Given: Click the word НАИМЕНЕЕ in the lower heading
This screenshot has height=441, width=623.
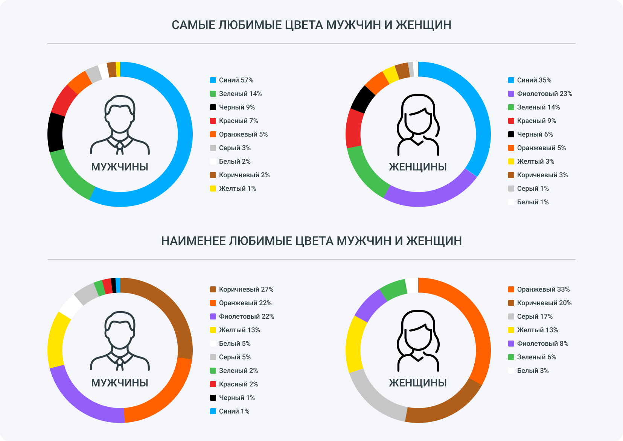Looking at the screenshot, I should point(193,241).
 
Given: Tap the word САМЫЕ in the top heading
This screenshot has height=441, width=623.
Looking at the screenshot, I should point(193,25).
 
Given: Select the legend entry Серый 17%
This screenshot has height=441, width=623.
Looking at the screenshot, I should point(535,316).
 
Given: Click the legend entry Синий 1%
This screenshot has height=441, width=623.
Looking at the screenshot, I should point(234,411).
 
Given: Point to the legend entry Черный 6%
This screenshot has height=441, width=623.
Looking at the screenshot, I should point(535,134).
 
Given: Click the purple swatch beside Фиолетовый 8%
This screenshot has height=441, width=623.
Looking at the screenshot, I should point(511,344).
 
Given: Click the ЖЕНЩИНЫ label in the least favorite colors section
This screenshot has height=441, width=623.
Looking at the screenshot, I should point(417,383).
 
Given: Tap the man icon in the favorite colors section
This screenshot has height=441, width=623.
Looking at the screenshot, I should point(120,124).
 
